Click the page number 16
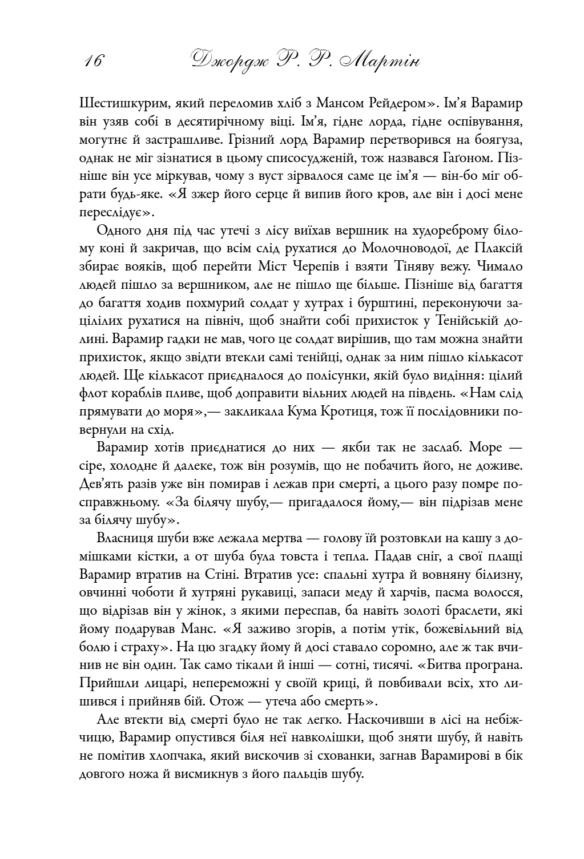coord(94,61)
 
